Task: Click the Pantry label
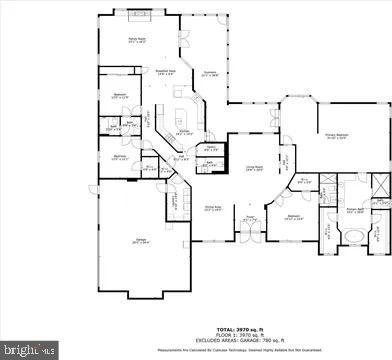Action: click(x=211, y=149)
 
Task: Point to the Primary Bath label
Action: click(x=353, y=211)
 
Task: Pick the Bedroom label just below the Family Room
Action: click(x=119, y=95)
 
